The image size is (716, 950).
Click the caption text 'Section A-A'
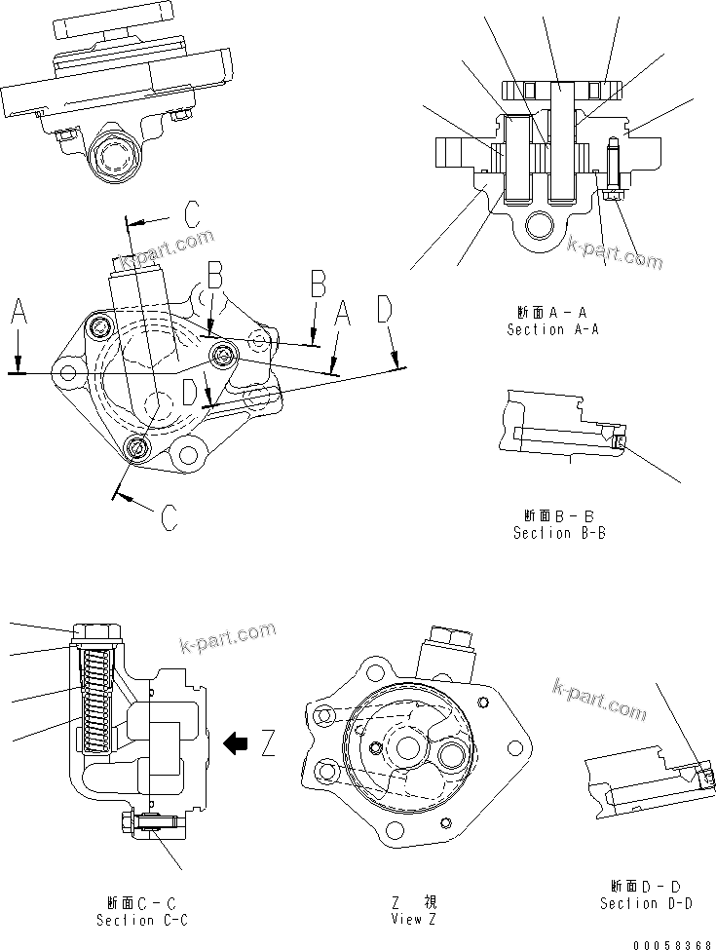pyautogui.click(x=552, y=329)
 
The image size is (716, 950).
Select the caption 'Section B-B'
pyautogui.click(x=559, y=532)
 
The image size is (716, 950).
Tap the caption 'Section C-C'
pyautogui.click(x=141, y=920)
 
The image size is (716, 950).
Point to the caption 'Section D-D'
pyautogui.click(x=646, y=903)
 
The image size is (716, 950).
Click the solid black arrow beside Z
pyautogui.click(x=235, y=744)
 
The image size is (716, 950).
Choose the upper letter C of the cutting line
pyautogui.click(x=192, y=213)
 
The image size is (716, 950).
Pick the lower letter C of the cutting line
pyautogui.click(x=168, y=515)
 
